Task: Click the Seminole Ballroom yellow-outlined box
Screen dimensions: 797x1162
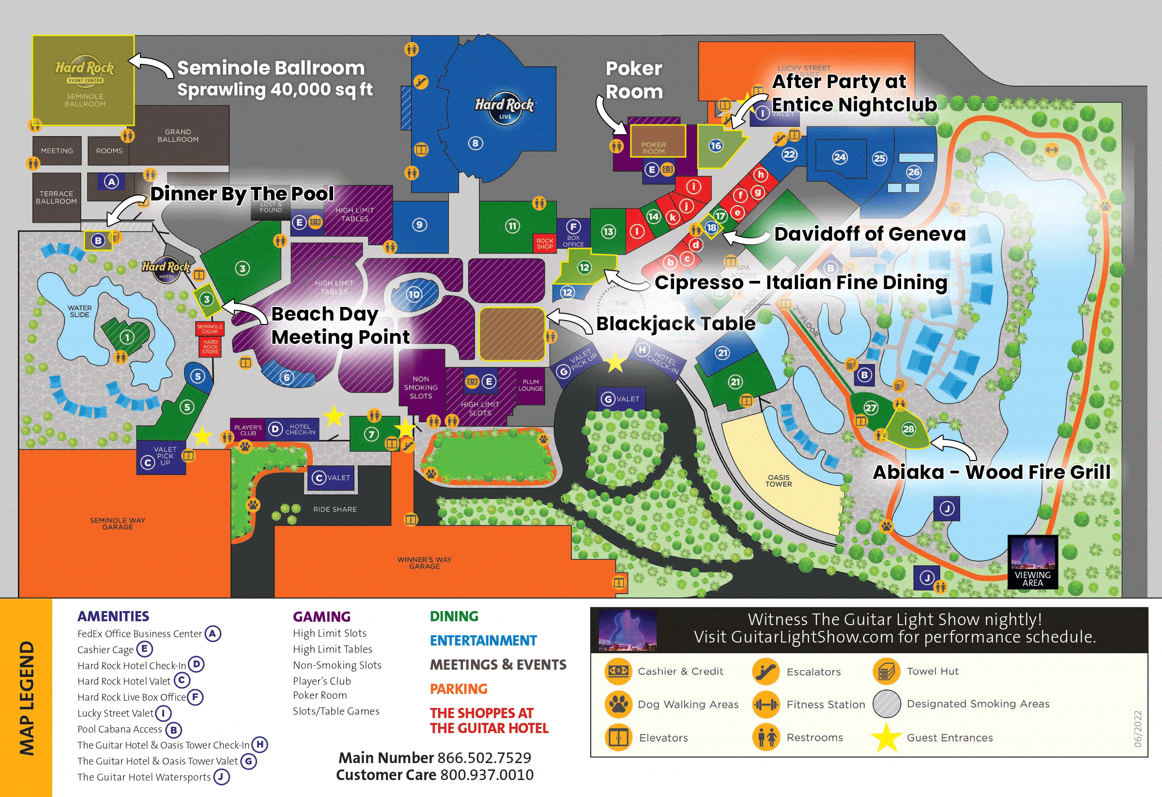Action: pyautogui.click(x=83, y=80)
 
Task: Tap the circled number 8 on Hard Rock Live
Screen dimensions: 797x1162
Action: pyautogui.click(x=475, y=143)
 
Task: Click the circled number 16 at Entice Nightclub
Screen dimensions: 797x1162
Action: pyautogui.click(x=716, y=145)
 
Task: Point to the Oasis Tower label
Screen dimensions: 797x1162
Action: pyautogui.click(x=779, y=480)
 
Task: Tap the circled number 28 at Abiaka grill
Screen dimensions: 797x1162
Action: pyautogui.click(x=908, y=429)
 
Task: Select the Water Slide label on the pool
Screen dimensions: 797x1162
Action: pyautogui.click(x=80, y=311)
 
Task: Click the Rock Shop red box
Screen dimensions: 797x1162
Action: pyautogui.click(x=545, y=244)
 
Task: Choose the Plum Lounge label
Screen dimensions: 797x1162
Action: pyautogui.click(x=531, y=385)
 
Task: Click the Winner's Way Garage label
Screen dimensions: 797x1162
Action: pyautogui.click(x=425, y=563)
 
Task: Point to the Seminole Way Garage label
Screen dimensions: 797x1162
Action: pyautogui.click(x=118, y=523)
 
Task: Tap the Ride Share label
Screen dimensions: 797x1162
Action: pyautogui.click(x=335, y=509)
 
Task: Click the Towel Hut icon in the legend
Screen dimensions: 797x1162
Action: pyautogui.click(x=886, y=672)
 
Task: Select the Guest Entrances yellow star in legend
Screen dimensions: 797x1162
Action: pyautogui.click(x=886, y=737)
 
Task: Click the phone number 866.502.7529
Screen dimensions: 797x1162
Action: pyautogui.click(x=484, y=758)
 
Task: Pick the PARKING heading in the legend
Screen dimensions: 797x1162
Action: pyautogui.click(x=459, y=689)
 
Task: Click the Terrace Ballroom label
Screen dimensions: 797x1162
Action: pyautogui.click(x=56, y=197)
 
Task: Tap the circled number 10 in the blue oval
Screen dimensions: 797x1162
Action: pyautogui.click(x=414, y=294)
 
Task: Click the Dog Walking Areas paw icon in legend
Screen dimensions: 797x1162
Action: pyautogui.click(x=618, y=704)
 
